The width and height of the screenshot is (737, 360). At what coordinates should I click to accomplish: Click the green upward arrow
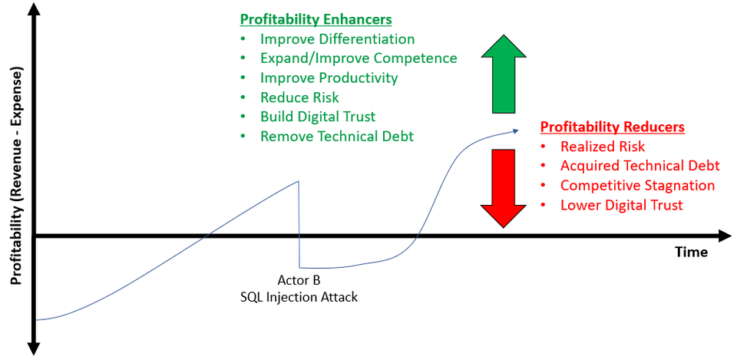[x=504, y=75]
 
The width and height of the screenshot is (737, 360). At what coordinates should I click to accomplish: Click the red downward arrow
[x=504, y=188]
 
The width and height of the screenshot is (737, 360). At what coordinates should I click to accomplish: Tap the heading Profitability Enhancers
[x=316, y=20]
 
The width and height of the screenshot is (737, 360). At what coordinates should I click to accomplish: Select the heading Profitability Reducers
[x=612, y=127]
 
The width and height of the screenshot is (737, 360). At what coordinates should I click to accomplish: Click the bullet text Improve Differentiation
[x=338, y=38]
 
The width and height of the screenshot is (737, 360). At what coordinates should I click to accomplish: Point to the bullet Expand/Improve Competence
[x=359, y=58]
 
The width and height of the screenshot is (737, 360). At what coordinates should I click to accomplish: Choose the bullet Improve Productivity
[x=329, y=78]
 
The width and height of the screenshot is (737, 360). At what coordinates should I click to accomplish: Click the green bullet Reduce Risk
[x=299, y=97]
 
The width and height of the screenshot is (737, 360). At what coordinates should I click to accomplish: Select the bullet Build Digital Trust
[x=318, y=117]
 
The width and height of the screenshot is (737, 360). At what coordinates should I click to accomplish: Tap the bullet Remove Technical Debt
[x=337, y=137]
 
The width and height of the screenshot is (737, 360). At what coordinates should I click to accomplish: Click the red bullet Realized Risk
[x=603, y=147]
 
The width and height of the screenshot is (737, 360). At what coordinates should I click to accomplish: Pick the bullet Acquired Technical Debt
[x=640, y=166]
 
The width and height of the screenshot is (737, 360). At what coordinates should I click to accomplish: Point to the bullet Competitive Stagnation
[x=637, y=186]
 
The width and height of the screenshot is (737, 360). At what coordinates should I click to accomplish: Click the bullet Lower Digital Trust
[x=621, y=206]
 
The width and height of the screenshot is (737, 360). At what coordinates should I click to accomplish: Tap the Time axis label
[x=692, y=253]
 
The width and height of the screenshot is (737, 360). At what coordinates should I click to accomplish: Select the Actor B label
[x=299, y=281]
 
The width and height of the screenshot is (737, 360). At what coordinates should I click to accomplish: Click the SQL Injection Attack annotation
[x=299, y=298]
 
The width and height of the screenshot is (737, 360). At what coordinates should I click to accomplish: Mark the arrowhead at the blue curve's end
[x=516, y=130]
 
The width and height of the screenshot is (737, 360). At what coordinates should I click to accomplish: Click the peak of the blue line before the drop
[x=299, y=181]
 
